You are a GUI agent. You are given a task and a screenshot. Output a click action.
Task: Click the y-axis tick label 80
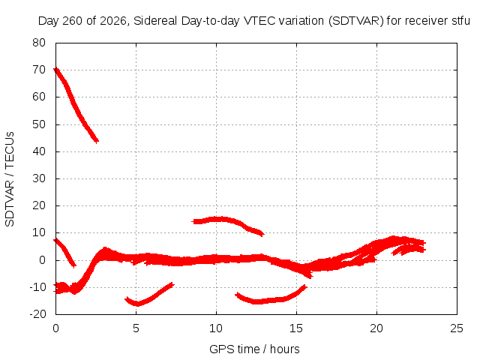click(x=39, y=43)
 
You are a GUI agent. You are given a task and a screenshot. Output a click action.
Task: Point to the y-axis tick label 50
click(x=39, y=124)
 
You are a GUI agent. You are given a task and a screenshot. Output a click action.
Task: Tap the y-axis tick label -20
click(x=37, y=313)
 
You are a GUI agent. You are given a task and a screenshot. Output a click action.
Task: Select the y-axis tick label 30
click(x=39, y=178)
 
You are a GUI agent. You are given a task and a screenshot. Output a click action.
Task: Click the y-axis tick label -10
click(x=37, y=287)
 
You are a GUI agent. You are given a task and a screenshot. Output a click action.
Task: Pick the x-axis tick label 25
click(x=457, y=328)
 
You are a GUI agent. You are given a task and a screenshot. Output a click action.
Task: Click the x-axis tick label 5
click(x=136, y=328)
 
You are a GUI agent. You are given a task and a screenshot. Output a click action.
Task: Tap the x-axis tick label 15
click(x=296, y=328)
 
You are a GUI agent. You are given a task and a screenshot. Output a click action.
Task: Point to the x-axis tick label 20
click(x=376, y=328)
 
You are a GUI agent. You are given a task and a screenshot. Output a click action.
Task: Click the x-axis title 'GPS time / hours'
click(x=254, y=349)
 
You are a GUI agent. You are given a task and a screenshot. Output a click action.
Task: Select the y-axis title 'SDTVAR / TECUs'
click(x=10, y=179)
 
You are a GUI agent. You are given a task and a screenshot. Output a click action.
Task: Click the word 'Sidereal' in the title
click(x=155, y=21)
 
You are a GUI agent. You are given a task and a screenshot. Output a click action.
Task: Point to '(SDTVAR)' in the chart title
click(x=356, y=21)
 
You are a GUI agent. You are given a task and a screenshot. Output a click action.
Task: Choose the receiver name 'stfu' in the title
click(x=460, y=21)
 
